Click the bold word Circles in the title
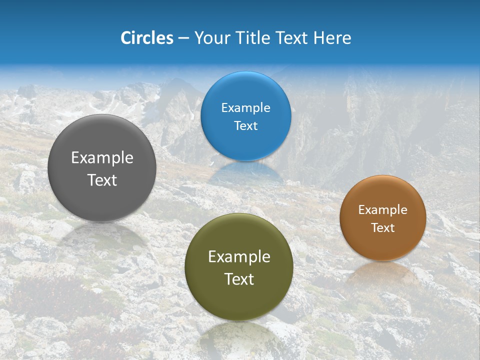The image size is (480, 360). tap(147, 38)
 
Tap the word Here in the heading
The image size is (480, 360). tap(332, 38)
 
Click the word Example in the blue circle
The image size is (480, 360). tap(246, 108)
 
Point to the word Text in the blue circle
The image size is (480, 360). tap(246, 126)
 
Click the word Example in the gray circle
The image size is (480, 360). tap(102, 158)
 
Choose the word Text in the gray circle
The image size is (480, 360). tap(102, 180)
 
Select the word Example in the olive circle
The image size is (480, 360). tap(239, 257)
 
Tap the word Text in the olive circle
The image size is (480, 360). tap(239, 279)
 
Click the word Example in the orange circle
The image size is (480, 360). tap(383, 210)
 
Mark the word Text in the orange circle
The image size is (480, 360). tap(383, 228)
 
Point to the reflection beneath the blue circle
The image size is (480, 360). tap(245, 172)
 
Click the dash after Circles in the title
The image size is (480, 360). tap(183, 38)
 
